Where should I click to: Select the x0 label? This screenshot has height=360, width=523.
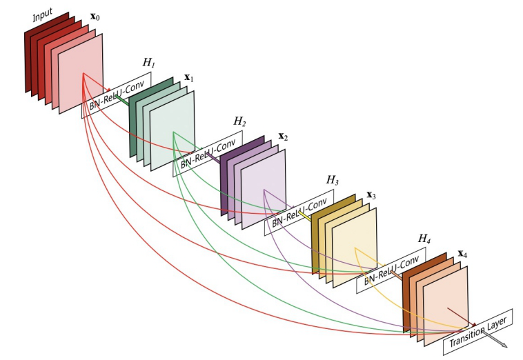(98, 15)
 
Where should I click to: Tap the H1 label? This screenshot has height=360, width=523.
(148, 63)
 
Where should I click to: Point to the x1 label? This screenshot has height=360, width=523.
(188, 79)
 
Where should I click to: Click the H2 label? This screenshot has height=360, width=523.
(239, 121)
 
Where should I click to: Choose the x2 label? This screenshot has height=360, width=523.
(283, 137)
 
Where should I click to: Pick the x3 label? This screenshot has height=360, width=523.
(371, 195)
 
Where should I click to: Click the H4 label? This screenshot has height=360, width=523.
(424, 238)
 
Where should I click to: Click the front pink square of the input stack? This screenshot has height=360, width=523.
(81, 72)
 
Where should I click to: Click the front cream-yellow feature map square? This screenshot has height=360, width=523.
(355, 247)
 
